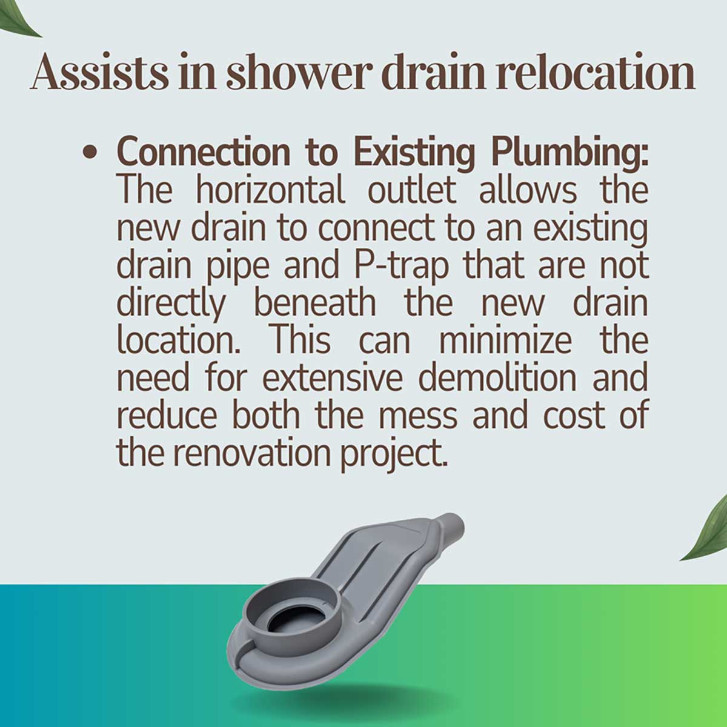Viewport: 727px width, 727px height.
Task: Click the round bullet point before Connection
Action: click(91, 153)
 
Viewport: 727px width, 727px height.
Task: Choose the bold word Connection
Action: click(203, 153)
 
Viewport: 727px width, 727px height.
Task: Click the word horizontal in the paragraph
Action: click(270, 190)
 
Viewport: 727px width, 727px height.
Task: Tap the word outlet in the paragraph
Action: click(411, 190)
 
